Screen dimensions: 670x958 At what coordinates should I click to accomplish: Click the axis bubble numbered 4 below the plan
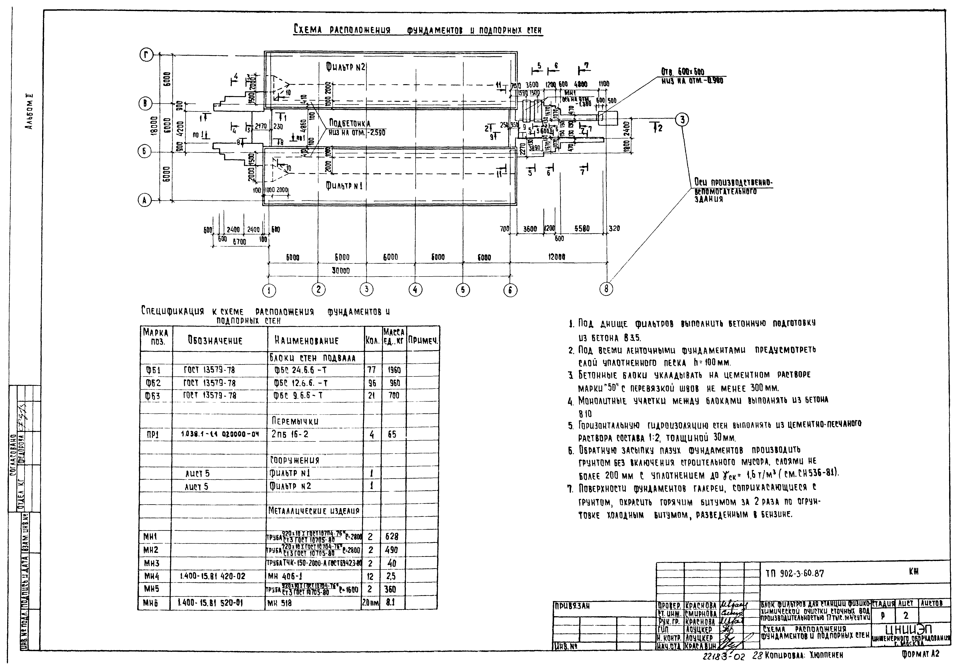point(415,289)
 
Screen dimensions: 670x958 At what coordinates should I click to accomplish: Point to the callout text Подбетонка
point(350,123)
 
